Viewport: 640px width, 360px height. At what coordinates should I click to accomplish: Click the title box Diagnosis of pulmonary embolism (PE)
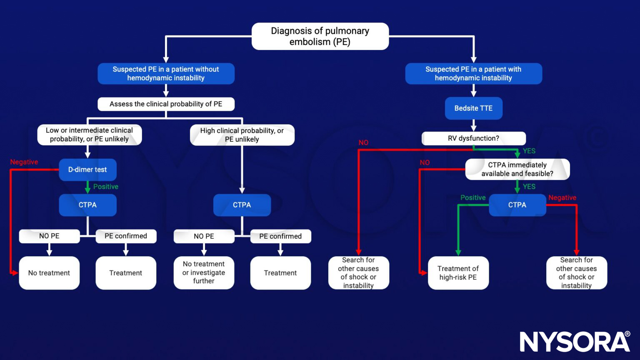(320, 36)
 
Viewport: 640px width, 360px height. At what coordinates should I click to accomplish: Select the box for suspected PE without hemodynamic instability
(166, 74)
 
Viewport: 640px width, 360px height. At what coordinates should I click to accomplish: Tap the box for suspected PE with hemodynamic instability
(473, 74)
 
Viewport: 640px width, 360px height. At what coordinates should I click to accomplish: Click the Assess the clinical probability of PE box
(166, 104)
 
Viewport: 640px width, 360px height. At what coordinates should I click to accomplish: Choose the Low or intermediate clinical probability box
(89, 135)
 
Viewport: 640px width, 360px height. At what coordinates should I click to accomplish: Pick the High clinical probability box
(242, 135)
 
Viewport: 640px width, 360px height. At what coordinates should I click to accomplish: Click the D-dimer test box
(87, 170)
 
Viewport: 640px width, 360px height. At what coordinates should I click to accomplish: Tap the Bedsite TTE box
(473, 108)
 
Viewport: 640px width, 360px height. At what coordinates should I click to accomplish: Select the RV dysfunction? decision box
(473, 138)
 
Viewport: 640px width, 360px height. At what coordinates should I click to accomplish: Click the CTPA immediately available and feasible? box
(517, 169)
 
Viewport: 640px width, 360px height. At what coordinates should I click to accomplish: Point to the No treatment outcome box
(49, 273)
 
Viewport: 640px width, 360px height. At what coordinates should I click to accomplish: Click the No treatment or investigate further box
(204, 272)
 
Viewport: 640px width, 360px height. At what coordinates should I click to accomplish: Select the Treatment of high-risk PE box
(458, 273)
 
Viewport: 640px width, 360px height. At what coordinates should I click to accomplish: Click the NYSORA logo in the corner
(575, 341)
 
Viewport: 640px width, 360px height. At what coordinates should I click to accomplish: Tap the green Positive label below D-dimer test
(106, 187)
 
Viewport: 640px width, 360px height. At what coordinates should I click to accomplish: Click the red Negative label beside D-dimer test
(24, 162)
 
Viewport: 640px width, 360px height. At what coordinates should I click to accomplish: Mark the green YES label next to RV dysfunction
(529, 151)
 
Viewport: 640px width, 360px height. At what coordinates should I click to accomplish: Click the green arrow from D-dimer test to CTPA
(87, 187)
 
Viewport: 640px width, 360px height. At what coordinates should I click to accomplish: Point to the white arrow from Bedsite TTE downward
(473, 125)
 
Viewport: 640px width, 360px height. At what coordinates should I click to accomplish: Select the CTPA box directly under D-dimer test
(87, 205)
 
